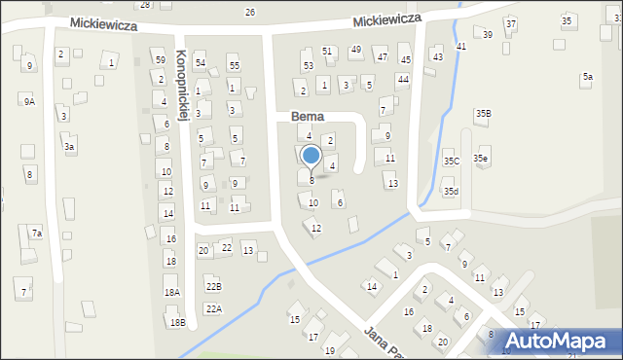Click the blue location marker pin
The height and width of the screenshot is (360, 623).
point(311,157)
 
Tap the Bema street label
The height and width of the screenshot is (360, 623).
point(307,117)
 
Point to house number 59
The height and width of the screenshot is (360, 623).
point(160,59)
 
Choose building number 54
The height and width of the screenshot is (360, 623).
point(200,63)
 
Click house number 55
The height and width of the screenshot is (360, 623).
point(234,65)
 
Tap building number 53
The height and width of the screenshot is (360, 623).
point(308,65)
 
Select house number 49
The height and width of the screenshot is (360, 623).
point(356,50)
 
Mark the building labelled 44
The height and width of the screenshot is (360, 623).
point(402,79)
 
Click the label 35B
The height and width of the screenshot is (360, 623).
point(483,114)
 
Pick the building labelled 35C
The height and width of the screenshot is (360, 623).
point(451,161)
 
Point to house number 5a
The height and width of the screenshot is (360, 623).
point(587,76)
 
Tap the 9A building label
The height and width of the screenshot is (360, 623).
point(29,100)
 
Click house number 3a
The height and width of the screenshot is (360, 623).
point(68,146)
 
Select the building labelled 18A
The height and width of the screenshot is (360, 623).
point(171,292)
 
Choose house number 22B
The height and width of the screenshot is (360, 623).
point(213,286)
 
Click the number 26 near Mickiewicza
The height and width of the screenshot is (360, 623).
point(250,12)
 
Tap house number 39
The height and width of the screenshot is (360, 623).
point(488,34)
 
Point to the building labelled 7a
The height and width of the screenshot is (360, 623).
point(36,233)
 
